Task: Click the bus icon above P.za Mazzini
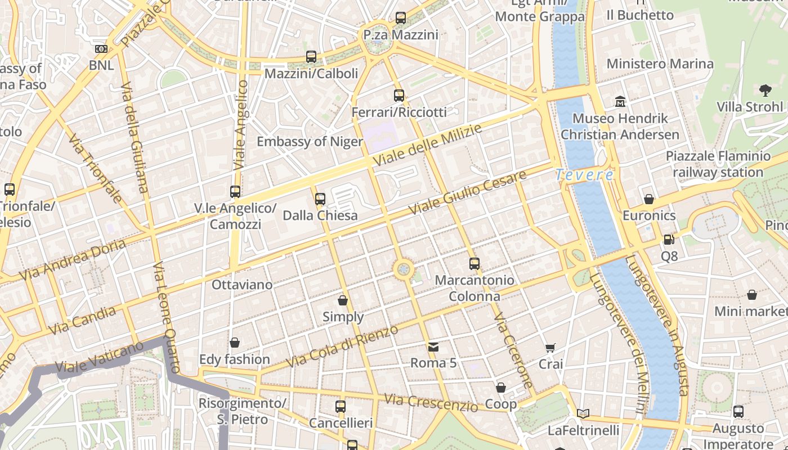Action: tap(400, 17)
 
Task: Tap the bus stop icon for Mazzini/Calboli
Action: tap(311, 56)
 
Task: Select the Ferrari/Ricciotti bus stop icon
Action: tap(399, 95)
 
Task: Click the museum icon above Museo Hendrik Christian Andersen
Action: tap(620, 102)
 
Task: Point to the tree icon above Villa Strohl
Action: tap(765, 89)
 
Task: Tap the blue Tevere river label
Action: tap(584, 175)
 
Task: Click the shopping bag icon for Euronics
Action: tap(648, 199)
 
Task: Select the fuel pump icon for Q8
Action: tap(669, 240)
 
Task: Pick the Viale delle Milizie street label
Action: tap(428, 145)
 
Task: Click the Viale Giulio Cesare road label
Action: tap(467, 192)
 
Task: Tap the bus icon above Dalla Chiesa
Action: tap(320, 199)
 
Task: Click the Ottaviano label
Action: tap(242, 285)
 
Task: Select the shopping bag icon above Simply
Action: tap(342, 300)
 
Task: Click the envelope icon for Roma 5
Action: tap(433, 346)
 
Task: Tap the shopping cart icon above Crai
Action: tap(550, 348)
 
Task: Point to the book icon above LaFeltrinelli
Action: tap(583, 414)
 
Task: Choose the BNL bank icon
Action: tap(101, 49)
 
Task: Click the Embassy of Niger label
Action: tap(310, 141)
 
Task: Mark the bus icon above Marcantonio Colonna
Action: tap(474, 263)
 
